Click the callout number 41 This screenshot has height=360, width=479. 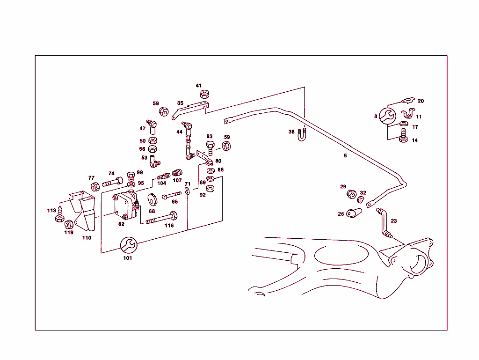[199, 86]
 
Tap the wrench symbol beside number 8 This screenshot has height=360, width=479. [387, 117]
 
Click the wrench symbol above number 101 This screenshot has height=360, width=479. [128, 245]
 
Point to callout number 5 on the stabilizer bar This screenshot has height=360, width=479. [345, 155]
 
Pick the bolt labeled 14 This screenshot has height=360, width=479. [404, 140]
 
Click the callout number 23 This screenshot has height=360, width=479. [393, 220]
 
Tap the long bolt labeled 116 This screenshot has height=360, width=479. [162, 218]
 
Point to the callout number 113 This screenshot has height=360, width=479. [51, 211]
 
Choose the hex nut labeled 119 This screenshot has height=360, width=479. [68, 224]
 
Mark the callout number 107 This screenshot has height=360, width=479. [177, 180]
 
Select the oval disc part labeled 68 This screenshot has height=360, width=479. [152, 199]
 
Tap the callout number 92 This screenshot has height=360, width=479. [203, 195]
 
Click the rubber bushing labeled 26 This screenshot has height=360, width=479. [354, 214]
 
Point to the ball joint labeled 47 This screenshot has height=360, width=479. [152, 126]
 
